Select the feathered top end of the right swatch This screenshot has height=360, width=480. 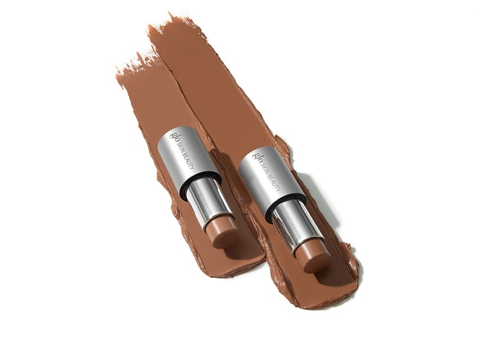pos(169,25)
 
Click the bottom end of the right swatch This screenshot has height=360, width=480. pos(321,296)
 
